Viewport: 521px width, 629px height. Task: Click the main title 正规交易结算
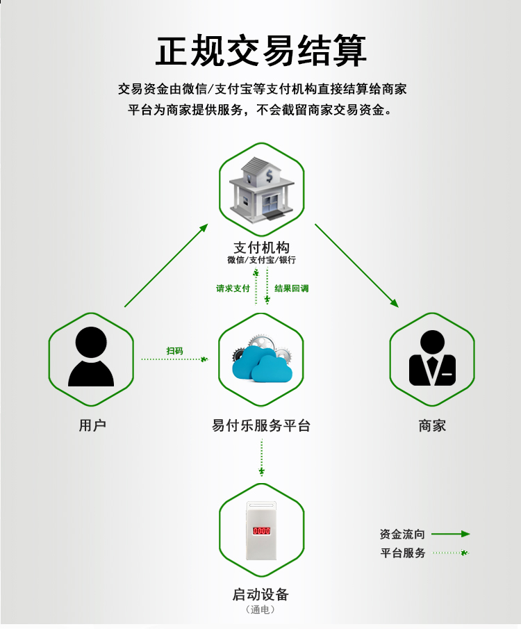pos(261,51)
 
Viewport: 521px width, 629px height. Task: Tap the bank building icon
pos(261,189)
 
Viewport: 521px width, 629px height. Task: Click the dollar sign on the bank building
pos(269,176)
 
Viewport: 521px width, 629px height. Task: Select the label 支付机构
pos(261,247)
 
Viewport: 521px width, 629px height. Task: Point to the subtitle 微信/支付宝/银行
pos(261,260)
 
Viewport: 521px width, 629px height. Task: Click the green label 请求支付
pos(233,288)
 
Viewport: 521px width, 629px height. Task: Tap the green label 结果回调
pos(292,288)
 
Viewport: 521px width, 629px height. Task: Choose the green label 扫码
pos(174,351)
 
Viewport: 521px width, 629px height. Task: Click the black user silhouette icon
pos(91,357)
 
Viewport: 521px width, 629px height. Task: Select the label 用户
pos(92,425)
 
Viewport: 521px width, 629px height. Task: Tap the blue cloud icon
pos(262,363)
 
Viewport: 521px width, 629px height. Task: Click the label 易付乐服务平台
pos(261,425)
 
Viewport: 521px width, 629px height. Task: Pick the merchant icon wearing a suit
pos(432,358)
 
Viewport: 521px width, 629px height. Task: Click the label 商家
pos(432,425)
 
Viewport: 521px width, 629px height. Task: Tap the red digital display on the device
pos(261,531)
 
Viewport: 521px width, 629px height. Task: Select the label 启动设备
pos(261,594)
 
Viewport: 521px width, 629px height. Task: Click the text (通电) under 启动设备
pos(261,610)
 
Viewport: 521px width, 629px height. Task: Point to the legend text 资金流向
pos(402,534)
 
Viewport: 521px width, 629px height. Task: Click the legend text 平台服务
pos(403,553)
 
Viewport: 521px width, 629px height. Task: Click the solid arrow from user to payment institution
pos(167,266)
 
